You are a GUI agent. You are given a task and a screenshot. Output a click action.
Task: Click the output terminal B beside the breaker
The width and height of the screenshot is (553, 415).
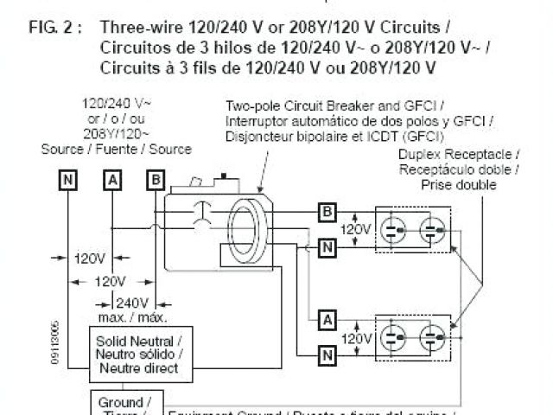pyautogui.click(x=327, y=211)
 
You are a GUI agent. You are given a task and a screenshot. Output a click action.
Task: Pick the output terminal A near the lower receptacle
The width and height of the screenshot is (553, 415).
pyautogui.click(x=327, y=318)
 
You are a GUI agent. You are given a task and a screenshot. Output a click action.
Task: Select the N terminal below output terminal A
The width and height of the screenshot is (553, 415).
pyautogui.click(x=327, y=353)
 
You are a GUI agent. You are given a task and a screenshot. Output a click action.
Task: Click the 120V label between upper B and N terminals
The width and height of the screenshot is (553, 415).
pyautogui.click(x=356, y=230)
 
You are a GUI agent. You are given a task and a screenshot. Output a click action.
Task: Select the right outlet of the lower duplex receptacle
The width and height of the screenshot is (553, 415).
pyautogui.click(x=432, y=335)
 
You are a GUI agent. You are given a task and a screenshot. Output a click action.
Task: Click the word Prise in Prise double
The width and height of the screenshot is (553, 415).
pyautogui.click(x=437, y=185)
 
